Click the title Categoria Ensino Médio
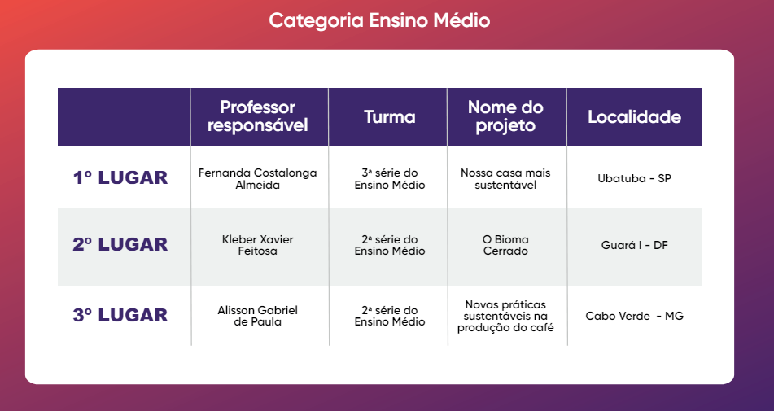379,20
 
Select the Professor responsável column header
258,116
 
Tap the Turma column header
390,117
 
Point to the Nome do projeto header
505,116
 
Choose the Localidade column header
634,117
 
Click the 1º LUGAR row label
120,177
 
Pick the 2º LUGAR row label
120,244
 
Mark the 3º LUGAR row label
120,315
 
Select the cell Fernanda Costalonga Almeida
258,178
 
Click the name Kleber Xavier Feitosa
258,245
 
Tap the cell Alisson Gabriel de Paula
258,316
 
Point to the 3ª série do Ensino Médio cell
390,178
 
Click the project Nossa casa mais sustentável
505,178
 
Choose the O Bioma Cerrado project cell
505,245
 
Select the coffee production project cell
505,316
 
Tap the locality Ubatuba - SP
634,178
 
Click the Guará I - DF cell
634,245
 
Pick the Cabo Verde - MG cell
634,316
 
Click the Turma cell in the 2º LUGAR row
390,245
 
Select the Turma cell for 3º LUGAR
390,316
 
